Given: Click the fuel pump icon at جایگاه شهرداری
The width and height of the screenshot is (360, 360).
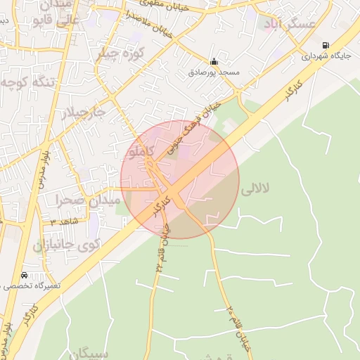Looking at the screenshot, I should [x=325, y=46].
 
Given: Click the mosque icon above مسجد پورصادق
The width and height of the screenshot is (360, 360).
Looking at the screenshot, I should [x=214, y=60].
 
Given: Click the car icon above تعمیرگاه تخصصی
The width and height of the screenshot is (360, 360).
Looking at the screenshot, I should [x=25, y=275].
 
